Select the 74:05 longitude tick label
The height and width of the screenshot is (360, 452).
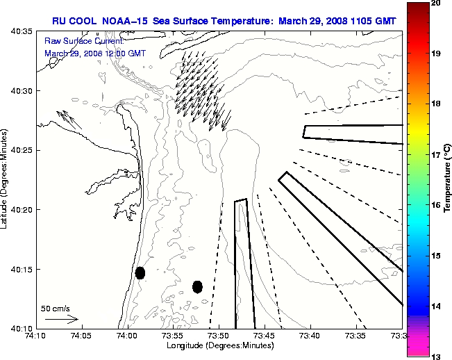pyautogui.click(x=81, y=336)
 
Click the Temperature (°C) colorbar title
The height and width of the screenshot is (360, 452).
pyautogui.click(x=447, y=179)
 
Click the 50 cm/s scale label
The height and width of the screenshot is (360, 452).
pyautogui.click(x=56, y=308)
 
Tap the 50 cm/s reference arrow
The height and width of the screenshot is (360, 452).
pyautogui.click(x=61, y=319)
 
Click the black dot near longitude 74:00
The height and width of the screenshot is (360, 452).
pyautogui.click(x=140, y=272)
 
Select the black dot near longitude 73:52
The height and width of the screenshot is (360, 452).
pyautogui.click(x=197, y=286)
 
